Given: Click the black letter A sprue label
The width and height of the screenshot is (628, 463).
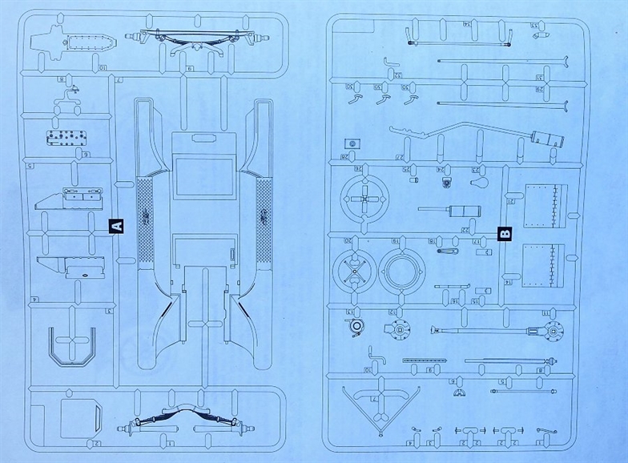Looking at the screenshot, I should click(x=115, y=226).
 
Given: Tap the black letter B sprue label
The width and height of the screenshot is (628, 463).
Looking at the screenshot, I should click(x=504, y=234).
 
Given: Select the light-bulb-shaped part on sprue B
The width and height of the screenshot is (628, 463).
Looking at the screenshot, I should click(x=479, y=183).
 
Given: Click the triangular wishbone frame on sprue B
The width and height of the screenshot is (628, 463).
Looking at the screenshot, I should click(x=376, y=402).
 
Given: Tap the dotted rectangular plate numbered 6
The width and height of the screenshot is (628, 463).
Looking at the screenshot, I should click(x=68, y=137).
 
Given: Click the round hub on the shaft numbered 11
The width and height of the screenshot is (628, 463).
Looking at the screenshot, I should click(x=550, y=329).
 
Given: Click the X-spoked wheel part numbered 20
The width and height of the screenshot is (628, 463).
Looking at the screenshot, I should click(x=354, y=272).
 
